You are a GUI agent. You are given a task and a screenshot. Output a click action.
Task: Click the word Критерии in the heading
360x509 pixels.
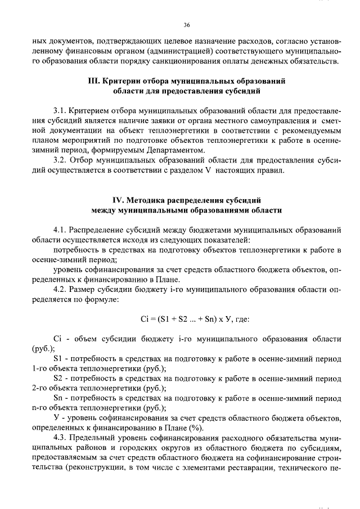coord(122,81)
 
